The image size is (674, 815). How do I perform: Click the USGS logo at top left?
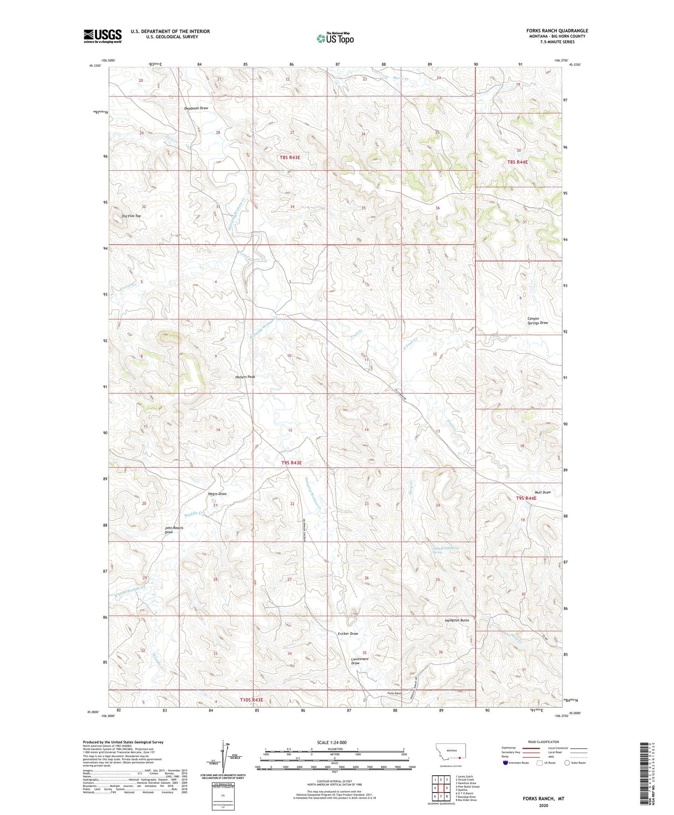[103, 35]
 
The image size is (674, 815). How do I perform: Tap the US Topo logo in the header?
[335, 38]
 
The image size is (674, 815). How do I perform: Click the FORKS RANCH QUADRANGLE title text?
[555, 31]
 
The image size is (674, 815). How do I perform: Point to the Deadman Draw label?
[196, 108]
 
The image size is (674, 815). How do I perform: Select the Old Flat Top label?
[131, 216]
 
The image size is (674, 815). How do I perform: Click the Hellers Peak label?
[245, 377]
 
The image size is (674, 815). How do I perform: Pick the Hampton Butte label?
[457, 620]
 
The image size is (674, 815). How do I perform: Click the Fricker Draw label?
[348, 633]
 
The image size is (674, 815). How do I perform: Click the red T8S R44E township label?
[517, 162]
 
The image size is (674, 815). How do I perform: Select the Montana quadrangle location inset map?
[450, 754]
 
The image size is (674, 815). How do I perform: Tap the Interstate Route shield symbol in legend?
[506, 763]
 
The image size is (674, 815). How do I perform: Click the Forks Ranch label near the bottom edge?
[394, 693]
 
